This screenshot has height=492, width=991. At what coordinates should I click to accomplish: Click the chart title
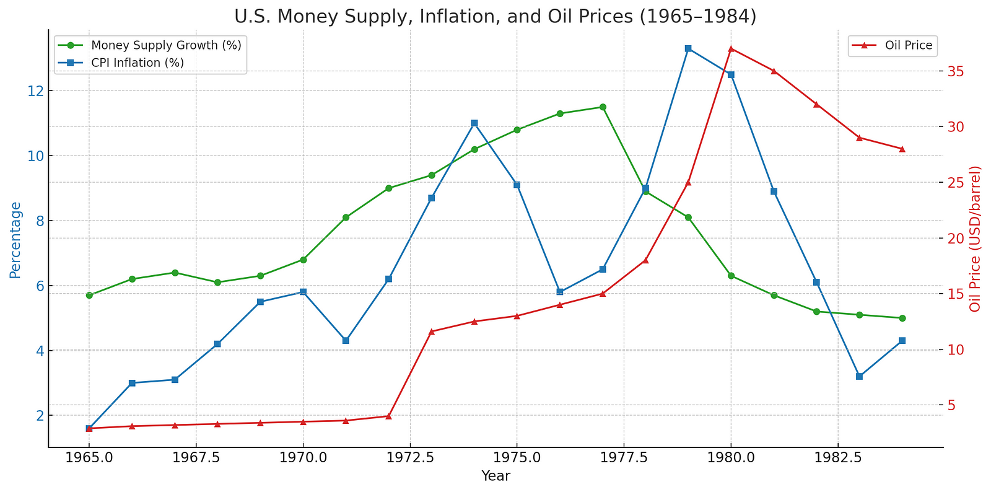(495, 16)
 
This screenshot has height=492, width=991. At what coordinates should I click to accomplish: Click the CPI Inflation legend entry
(137, 63)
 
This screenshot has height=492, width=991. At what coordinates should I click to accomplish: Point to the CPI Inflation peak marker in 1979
(688, 48)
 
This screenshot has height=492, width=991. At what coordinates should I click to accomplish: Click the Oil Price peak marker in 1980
(731, 48)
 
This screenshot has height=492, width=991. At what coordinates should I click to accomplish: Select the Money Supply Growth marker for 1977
(603, 107)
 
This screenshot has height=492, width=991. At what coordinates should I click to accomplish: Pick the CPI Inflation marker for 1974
(474, 123)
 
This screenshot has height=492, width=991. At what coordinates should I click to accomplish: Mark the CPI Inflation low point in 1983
(859, 377)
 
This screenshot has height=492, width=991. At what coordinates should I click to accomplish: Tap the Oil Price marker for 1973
(432, 332)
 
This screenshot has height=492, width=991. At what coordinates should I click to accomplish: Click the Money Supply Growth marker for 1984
(902, 318)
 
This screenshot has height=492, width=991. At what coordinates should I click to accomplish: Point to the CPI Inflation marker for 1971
(346, 341)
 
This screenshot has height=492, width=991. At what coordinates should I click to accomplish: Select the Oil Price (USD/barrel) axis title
(976, 239)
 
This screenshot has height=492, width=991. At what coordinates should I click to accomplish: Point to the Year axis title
(495, 476)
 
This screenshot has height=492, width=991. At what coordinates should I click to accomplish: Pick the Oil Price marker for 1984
(902, 149)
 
